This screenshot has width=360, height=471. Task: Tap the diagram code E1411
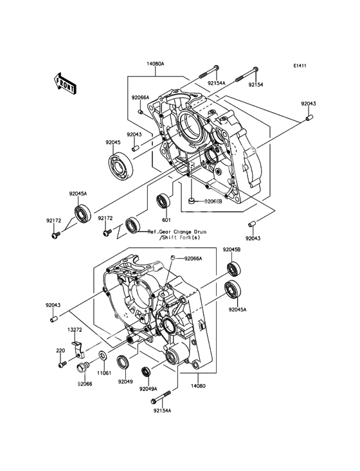point(300,66)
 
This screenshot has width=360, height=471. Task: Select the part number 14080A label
point(156,64)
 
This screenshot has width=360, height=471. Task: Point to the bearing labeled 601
point(163,202)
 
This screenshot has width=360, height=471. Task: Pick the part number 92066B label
point(213,201)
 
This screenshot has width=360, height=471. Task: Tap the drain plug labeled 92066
point(82,367)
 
